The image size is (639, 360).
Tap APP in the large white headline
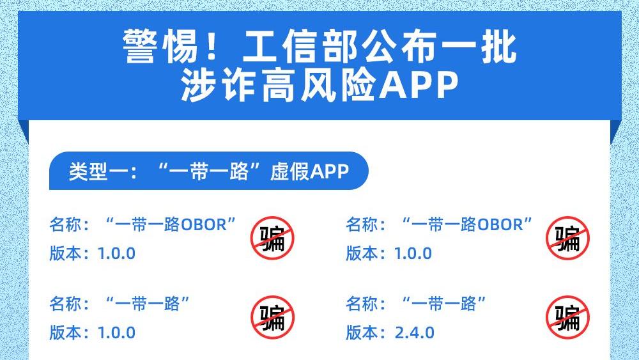[x=418, y=86]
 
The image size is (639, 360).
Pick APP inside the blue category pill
[x=329, y=171]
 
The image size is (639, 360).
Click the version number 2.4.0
[x=415, y=333]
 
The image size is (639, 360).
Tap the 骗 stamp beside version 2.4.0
[x=567, y=318]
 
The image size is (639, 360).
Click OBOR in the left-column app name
[x=204, y=224]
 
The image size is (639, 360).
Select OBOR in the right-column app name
[x=500, y=224]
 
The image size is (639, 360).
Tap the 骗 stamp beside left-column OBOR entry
[x=272, y=238]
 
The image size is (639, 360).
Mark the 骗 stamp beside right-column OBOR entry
[x=567, y=238]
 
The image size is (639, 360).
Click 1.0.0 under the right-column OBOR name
[x=413, y=254]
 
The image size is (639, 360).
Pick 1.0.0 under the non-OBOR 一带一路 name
[x=116, y=333]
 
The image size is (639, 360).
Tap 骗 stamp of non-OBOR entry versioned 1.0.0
[x=272, y=318]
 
